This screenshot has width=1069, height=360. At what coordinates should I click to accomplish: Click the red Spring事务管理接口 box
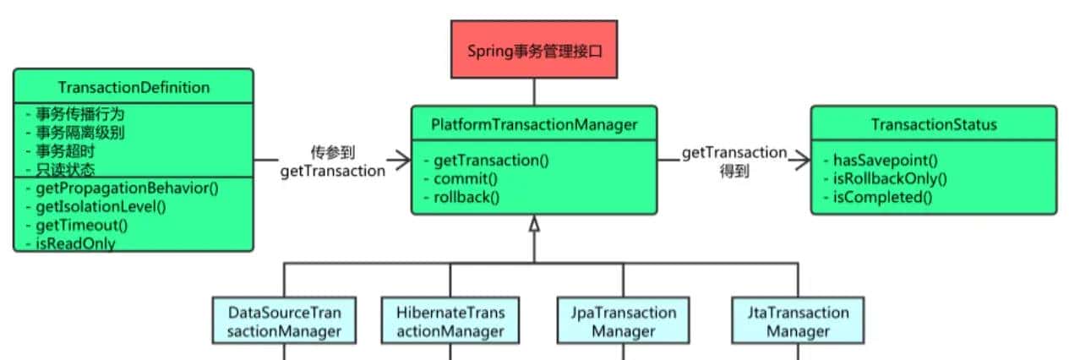533,50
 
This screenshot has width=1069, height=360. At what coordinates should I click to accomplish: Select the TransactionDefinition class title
134,88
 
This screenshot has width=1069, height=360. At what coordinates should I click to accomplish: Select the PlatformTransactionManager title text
533,124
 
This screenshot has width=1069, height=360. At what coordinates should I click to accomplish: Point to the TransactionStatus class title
934,124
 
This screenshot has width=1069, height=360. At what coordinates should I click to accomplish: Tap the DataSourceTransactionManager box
284,321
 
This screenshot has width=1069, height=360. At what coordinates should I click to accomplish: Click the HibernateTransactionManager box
450,321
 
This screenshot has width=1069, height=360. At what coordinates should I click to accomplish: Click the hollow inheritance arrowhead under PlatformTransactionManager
533,224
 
